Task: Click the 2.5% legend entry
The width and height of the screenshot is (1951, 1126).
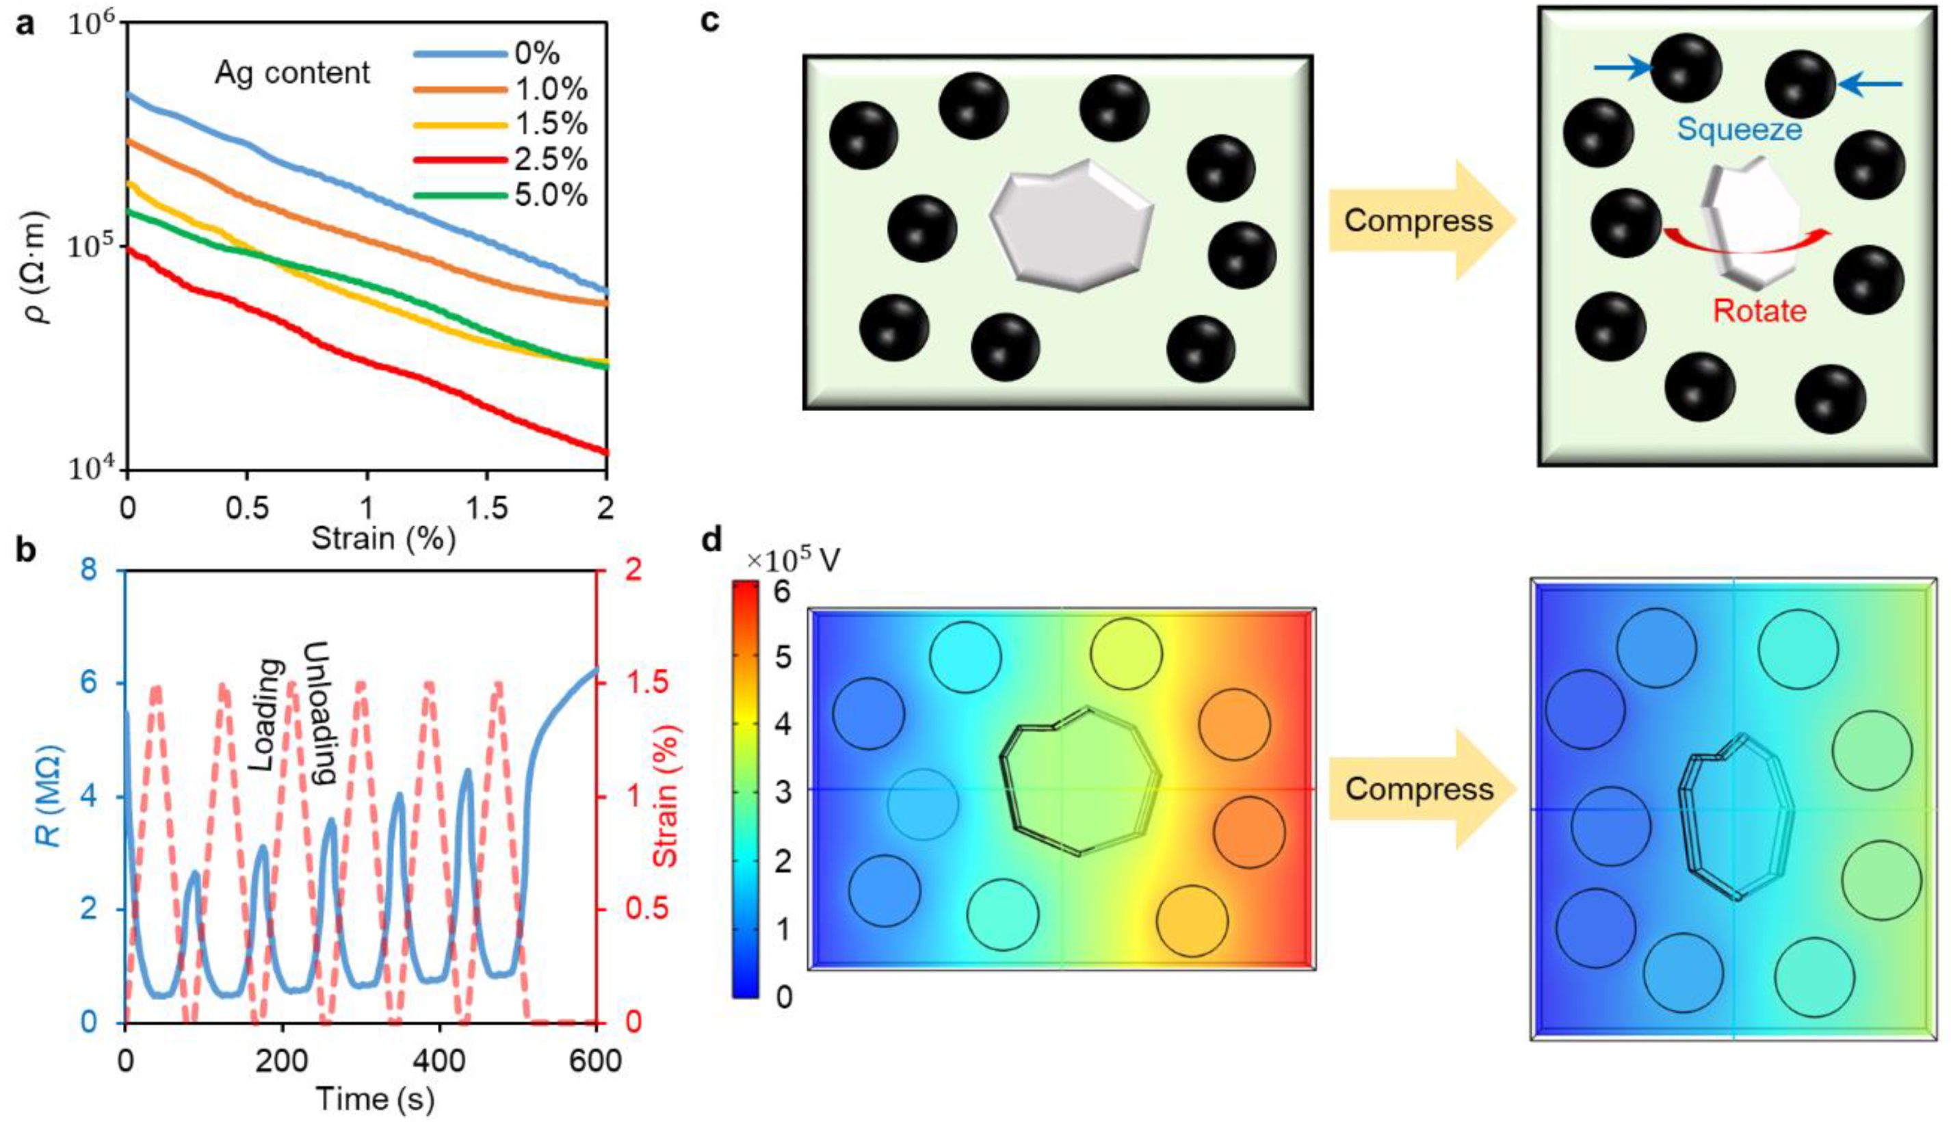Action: click(x=551, y=159)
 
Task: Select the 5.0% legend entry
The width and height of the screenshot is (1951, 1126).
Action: click(x=551, y=195)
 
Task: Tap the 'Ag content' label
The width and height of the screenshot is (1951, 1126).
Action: click(x=292, y=73)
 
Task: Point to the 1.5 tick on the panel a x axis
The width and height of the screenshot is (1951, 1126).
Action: click(x=487, y=509)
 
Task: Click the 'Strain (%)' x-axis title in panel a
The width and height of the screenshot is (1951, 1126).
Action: click(x=383, y=539)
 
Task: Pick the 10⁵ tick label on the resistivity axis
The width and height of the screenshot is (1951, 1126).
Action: click(x=91, y=248)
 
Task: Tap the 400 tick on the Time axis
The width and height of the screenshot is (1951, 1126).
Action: click(x=438, y=1060)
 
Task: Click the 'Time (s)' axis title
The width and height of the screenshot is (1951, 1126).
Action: click(x=375, y=1099)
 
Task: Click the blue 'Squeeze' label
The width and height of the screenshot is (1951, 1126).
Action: click(x=1739, y=129)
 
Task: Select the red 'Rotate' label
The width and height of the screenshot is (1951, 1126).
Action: click(x=1759, y=311)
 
